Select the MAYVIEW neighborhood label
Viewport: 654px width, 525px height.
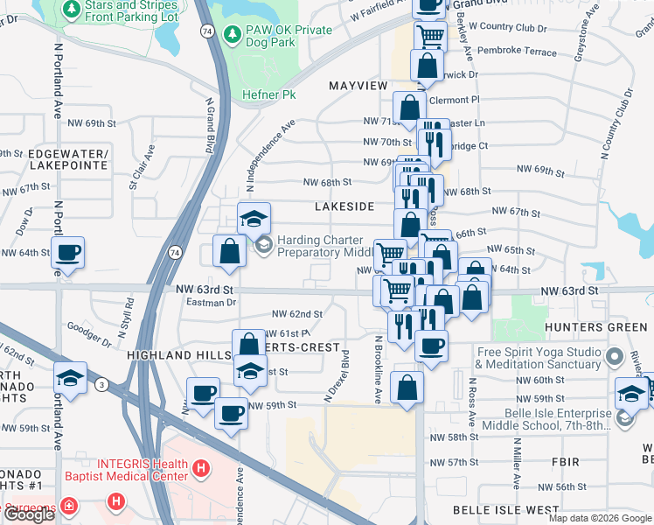358,86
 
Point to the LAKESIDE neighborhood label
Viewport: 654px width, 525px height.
344,206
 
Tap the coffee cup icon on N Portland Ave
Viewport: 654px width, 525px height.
67,253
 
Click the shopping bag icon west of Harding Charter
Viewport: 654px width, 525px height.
229,251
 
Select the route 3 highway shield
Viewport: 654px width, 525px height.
102,384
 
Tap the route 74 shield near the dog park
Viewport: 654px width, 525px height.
206,30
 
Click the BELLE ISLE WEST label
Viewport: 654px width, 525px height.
505,509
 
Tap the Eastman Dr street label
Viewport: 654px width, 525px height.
212,302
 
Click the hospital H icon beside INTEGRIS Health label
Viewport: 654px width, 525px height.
201,470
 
